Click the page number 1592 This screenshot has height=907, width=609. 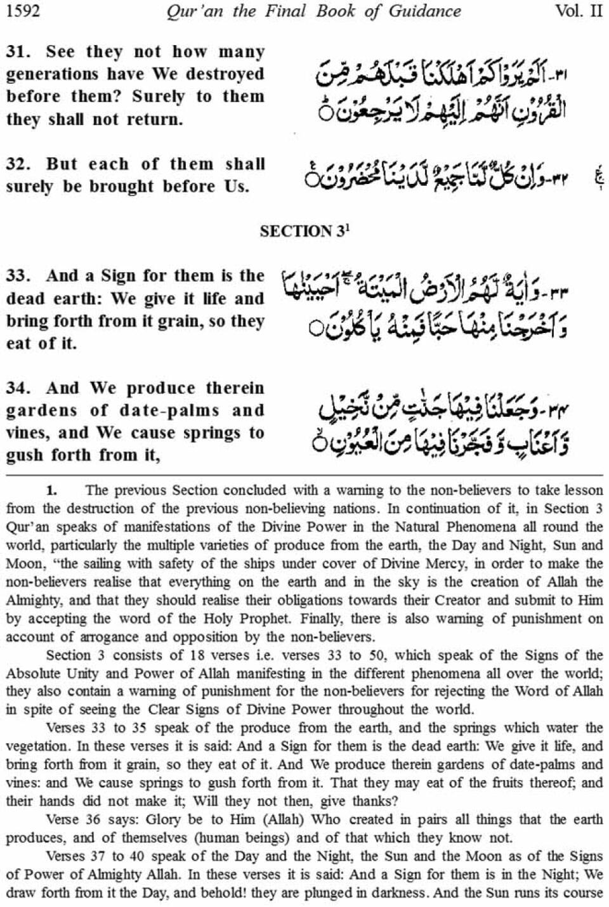click(23, 11)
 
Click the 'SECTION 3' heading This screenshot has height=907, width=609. click(304, 232)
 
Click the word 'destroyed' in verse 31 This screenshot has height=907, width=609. click(225, 74)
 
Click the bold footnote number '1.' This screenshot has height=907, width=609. click(51, 490)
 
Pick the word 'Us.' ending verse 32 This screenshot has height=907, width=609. click(235, 186)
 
